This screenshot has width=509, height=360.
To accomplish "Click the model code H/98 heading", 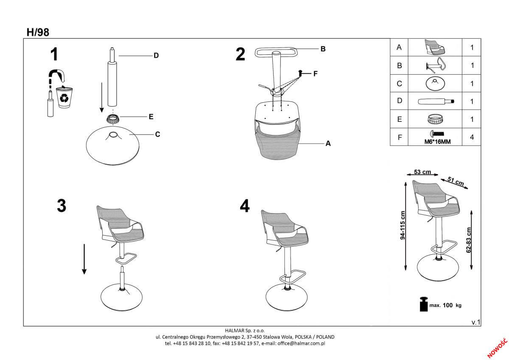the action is pos(38,33).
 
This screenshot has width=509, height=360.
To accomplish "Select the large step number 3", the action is pos(62,206).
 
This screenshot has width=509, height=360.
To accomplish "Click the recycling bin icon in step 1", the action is pos(64,97).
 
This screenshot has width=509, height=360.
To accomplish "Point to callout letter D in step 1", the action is pos(156,56).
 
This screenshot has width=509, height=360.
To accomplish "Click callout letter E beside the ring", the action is pos(151,117).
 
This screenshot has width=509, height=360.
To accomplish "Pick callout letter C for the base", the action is pos(157,135).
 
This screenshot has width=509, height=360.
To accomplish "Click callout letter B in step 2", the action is pos(323,49).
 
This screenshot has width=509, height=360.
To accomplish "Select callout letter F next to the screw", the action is pos(316,74).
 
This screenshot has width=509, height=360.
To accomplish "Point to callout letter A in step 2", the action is pos(328,143).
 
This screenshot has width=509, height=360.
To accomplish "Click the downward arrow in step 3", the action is pos(84,259).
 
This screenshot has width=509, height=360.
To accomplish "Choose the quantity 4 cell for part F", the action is pos(472,137).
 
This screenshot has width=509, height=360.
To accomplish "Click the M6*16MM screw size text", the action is pos(437,142).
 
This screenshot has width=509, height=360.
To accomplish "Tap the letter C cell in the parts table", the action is pos(399,84).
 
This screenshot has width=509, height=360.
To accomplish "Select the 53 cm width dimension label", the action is pos(422,172).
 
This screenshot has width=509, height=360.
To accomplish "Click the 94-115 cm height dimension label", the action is pos(403,225).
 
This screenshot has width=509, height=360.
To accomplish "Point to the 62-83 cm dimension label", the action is pos(469,240).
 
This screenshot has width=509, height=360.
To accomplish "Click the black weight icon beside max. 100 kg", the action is pos(424,304).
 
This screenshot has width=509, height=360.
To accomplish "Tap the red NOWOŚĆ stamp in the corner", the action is pos(498,348).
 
